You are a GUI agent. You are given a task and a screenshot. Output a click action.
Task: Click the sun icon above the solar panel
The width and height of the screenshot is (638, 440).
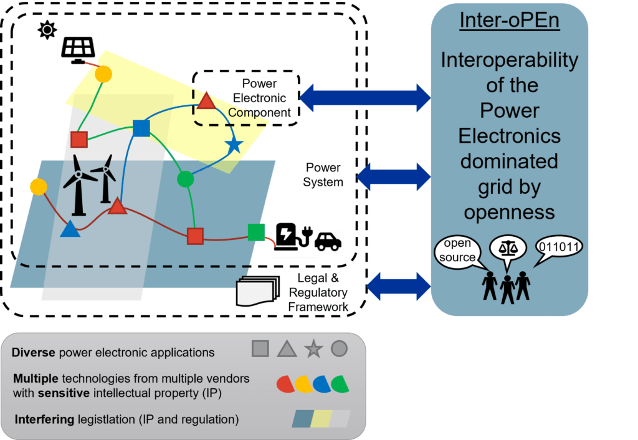[x=47, y=30]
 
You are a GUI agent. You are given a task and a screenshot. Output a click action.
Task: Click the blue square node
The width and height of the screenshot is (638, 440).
[x=142, y=128]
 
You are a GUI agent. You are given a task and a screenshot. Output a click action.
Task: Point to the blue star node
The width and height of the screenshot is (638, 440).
[x=234, y=146]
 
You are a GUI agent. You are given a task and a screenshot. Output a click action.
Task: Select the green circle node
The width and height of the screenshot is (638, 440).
[x=185, y=179]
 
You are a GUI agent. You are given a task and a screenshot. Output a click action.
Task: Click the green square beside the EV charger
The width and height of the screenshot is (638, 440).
[x=256, y=232]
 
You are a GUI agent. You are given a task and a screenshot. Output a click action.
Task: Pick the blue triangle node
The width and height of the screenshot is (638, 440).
[x=70, y=229]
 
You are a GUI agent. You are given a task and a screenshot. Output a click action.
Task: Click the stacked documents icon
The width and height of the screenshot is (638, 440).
[x=256, y=291]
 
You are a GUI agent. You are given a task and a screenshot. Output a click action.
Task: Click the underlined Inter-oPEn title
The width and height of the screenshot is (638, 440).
[x=510, y=20]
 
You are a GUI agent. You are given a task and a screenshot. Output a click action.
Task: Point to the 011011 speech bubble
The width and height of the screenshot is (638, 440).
[x=559, y=247]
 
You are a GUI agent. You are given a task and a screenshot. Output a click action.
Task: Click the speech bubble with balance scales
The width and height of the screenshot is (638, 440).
[x=508, y=246]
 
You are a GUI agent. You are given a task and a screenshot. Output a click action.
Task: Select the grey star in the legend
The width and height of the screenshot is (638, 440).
[x=313, y=349]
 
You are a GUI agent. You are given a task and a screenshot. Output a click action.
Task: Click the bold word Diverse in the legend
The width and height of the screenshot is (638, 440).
[x=34, y=353]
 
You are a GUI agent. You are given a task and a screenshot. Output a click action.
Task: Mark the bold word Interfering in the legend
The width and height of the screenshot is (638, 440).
[x=39, y=419]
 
